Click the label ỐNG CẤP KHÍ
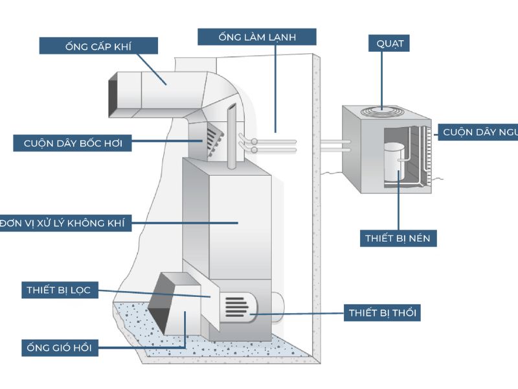(x=98, y=45)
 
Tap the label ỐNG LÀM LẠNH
(x=257, y=37)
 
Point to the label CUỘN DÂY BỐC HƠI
(x=73, y=143)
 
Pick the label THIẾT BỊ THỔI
(x=382, y=313)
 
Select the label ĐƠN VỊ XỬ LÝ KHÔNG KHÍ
(x=65, y=224)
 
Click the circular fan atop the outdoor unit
(x=381, y=112)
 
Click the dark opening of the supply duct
(x=113, y=95)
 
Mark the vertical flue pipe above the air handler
(x=230, y=139)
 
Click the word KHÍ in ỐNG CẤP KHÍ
(x=137, y=45)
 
